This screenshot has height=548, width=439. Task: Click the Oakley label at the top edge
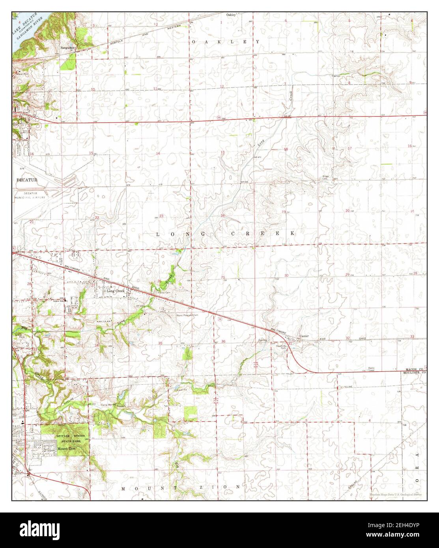(231, 15)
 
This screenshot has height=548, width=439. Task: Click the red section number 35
(160, 343)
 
